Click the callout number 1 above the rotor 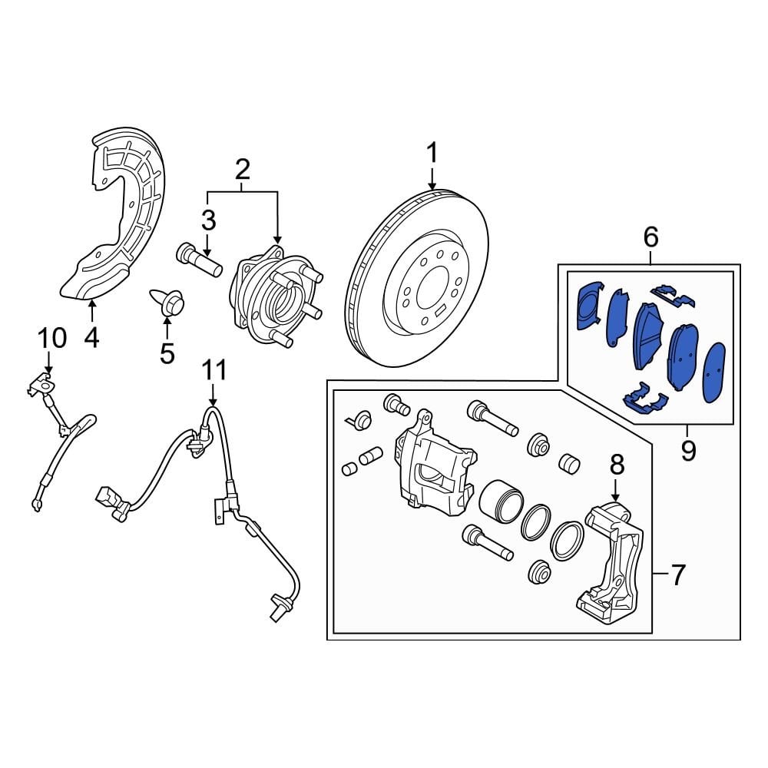tap(432, 153)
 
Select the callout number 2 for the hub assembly tap(243, 168)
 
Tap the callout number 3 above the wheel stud tap(209, 221)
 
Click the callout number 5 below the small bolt tap(167, 353)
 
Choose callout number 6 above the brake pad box tap(650, 238)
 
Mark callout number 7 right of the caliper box tap(677, 574)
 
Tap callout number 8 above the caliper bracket tap(617, 464)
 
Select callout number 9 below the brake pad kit tap(687, 450)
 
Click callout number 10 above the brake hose tap(53, 337)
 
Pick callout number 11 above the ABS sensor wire tap(214, 370)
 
